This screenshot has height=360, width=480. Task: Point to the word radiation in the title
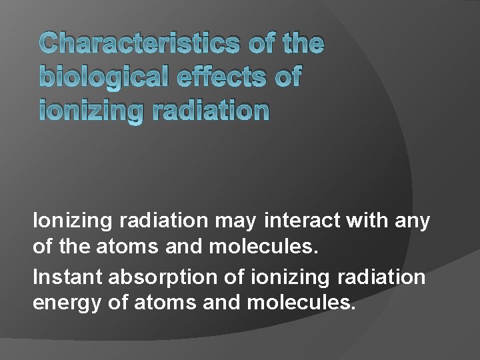pos(211,111)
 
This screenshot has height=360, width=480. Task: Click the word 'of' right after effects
pos(287,77)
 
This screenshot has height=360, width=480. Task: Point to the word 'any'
pos(413,221)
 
